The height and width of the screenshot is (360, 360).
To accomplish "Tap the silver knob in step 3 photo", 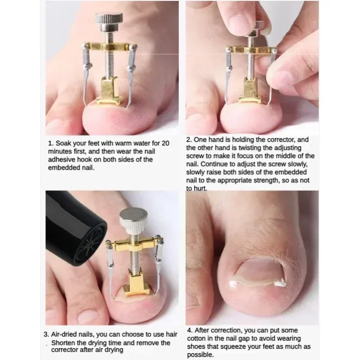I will click(132, 219).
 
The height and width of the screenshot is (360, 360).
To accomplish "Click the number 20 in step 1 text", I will click(164, 143).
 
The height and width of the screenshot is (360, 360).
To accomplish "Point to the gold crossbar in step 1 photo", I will click(108, 47).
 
